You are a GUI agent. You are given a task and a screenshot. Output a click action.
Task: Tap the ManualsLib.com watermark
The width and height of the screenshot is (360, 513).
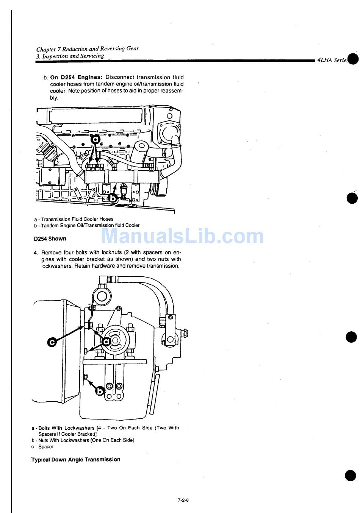pos(183,236)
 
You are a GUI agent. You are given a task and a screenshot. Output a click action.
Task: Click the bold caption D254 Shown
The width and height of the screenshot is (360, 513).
pos(50,239)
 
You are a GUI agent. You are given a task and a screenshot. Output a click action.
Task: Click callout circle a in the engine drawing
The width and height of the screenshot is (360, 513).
pos(95,139)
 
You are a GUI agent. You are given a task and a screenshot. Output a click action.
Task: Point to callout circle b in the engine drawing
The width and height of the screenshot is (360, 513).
pos(113,198)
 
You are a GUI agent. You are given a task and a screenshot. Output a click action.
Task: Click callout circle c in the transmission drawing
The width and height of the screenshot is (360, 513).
pos(52,342)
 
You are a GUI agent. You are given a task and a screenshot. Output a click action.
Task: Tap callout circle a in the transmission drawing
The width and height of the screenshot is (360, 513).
pos(106,342)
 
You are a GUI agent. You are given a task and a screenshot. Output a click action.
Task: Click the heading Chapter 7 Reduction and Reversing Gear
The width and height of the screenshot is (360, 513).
pos(88,49)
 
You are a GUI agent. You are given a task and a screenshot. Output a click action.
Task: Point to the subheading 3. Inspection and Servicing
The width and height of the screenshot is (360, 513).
pos(70,56)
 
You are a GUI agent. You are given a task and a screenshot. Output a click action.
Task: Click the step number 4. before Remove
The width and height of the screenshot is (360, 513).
pos(36,253)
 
